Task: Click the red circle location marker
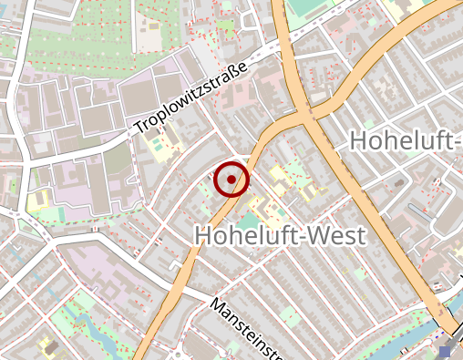click(x=231, y=180)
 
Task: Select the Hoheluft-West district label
click(x=280, y=235)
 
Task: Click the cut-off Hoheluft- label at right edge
click(x=406, y=140)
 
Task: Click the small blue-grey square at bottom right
click(x=445, y=351)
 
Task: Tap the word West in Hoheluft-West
click(x=330, y=235)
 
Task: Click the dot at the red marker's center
click(x=231, y=180)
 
